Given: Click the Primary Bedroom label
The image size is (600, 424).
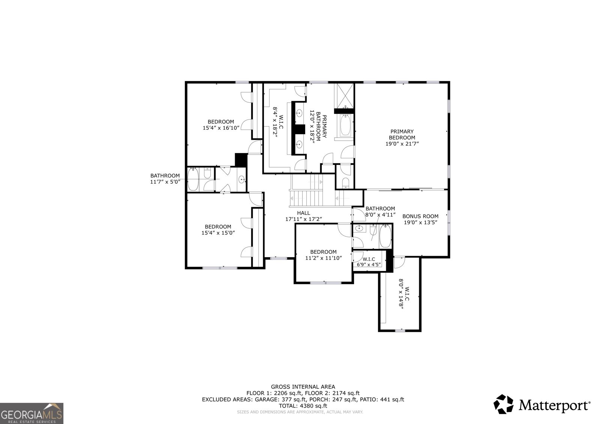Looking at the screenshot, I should [402, 137].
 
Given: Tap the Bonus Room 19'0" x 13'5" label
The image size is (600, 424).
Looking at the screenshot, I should [420, 219].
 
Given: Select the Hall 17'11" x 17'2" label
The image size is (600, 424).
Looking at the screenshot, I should [304, 216].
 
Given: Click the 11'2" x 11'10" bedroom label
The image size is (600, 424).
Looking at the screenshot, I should [323, 255].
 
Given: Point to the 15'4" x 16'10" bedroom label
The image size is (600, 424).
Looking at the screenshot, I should [221, 125].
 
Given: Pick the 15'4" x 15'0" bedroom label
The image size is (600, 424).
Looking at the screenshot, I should [218, 229].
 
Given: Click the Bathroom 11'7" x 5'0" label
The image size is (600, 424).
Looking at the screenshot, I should [165, 178].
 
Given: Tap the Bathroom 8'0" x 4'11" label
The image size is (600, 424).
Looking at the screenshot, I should [380, 211].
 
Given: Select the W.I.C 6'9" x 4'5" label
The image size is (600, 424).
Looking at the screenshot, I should [369, 262].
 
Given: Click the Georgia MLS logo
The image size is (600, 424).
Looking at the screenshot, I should [31, 413].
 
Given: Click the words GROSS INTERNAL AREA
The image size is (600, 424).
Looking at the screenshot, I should [303, 387].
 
